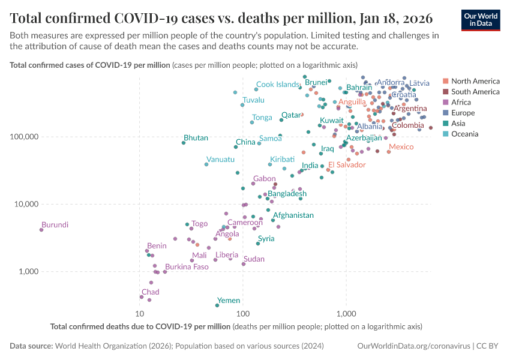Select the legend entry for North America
475,81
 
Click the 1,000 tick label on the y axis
27,272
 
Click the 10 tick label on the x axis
140,314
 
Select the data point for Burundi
41,230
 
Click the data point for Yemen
217,305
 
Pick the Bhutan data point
184,143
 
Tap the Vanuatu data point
206,164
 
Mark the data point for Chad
142,297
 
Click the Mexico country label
401,147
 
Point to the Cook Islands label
277,85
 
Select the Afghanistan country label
293,215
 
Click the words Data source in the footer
31,346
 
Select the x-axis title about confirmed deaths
140,327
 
